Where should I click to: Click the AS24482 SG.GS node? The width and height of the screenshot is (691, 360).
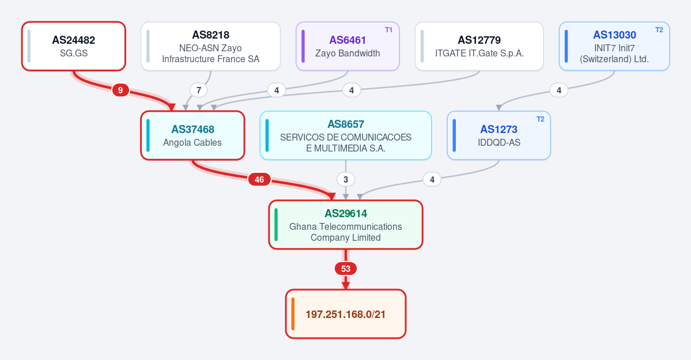coord(74,46)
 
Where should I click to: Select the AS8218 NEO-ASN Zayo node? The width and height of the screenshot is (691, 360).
coord(211,46)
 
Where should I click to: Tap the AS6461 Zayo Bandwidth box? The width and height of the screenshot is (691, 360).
coord(348,46)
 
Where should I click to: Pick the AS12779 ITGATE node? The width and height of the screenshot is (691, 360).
coord(479,46)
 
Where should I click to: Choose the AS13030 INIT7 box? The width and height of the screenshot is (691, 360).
coord(614,46)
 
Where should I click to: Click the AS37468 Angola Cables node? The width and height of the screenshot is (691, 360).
coord(192,135)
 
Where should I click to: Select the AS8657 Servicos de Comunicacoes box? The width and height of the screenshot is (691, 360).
coord(346,135)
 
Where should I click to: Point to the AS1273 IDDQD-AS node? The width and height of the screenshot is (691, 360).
coord(499,135)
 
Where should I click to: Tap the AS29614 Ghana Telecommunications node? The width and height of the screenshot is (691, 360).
coord(346,225)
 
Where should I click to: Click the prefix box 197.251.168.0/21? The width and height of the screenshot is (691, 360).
coord(346,314)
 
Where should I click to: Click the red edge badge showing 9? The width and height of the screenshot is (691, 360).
coord(120,90)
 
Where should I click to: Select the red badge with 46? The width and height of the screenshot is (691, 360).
coord(259,179)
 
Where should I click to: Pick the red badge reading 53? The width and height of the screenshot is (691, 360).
coord(346,268)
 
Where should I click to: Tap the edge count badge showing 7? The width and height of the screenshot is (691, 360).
coord(199,90)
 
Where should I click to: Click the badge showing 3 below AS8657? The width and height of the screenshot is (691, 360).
coord(346,179)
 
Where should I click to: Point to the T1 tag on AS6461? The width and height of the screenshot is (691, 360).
coord(388,30)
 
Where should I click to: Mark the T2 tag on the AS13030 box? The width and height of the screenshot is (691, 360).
coord(659,30)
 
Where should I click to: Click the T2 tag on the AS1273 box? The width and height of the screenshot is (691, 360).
coord(540,119)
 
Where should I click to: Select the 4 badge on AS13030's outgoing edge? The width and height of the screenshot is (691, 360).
coord(559,90)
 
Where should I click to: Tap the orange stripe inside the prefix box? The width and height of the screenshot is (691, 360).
coord(293,314)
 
